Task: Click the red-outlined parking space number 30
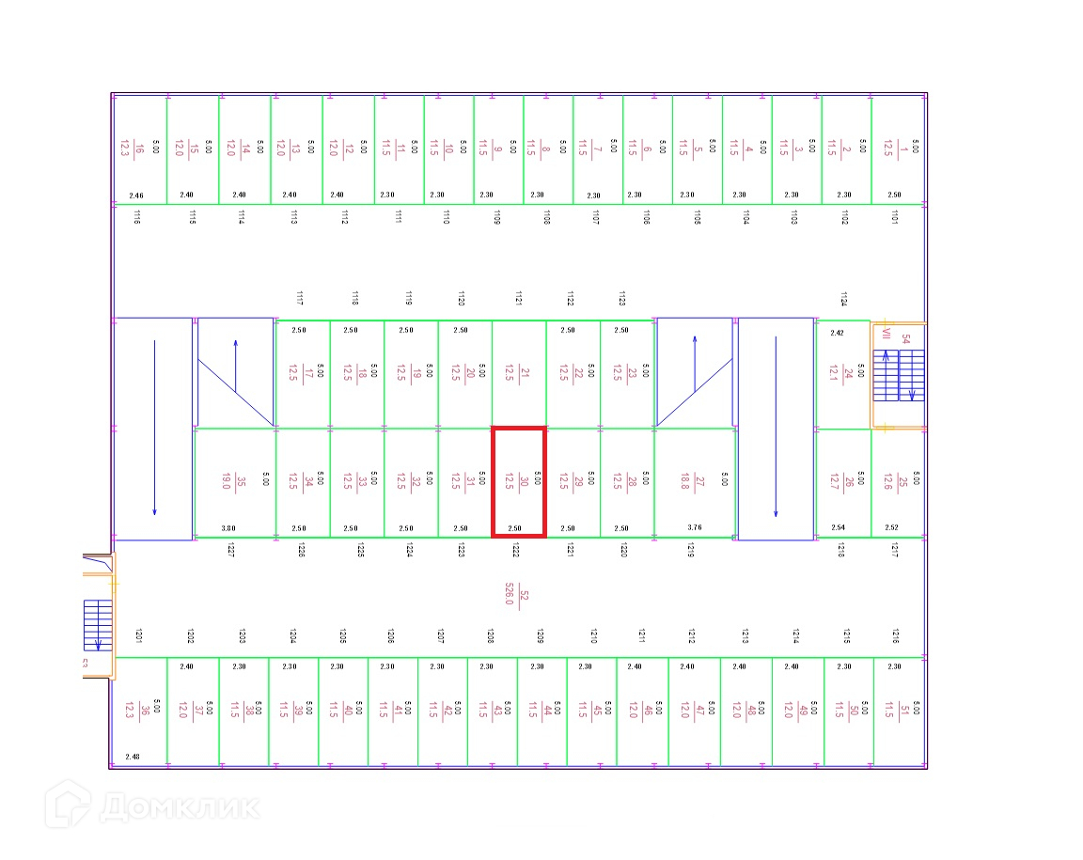[519, 481]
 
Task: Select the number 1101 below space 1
[894, 217]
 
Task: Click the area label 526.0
[510, 594]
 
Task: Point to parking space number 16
[138, 149]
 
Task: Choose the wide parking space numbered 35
[234, 482]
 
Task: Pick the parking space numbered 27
[694, 482]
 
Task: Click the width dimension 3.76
[695, 528]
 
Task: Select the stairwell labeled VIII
[898, 374]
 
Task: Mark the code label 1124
[843, 299]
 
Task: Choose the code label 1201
[138, 636]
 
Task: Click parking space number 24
[842, 374]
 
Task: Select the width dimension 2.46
[136, 195]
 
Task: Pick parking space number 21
[519, 373]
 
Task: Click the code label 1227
[229, 550]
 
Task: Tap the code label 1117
[299, 299]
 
